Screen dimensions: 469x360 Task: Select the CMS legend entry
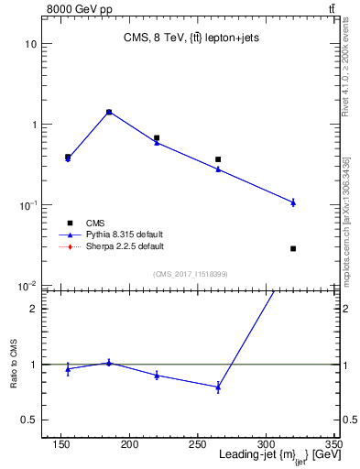(x=94, y=223)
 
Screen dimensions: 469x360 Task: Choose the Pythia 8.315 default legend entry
(x=125, y=234)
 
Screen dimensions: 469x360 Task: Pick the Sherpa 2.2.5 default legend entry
(x=125, y=246)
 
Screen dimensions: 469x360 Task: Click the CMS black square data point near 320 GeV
(x=293, y=248)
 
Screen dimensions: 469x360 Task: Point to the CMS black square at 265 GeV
(x=218, y=159)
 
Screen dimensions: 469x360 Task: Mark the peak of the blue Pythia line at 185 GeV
(x=109, y=112)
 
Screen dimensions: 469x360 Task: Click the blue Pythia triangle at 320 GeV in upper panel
(x=293, y=202)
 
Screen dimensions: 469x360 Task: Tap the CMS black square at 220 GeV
(x=157, y=138)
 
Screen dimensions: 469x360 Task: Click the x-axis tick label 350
(x=333, y=443)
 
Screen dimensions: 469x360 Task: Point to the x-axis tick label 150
(x=61, y=443)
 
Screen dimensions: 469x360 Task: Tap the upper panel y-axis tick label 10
(x=29, y=44)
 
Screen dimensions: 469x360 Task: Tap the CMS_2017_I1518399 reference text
(x=191, y=274)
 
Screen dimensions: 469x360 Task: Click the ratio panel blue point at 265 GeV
(x=218, y=387)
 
